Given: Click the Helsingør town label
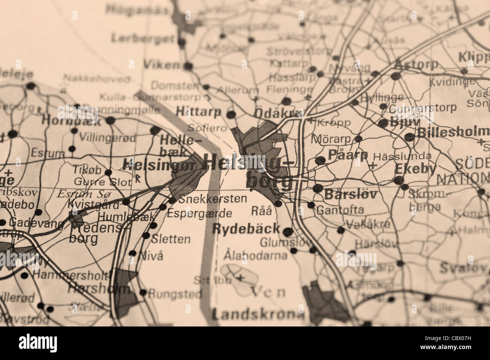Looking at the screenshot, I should (159, 164).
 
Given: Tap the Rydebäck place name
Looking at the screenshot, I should (247, 228).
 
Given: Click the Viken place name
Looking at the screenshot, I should (162, 64).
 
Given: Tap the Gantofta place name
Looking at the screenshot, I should (340, 209).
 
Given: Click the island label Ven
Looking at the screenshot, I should (268, 292).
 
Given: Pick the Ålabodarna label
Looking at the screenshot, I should (255, 256).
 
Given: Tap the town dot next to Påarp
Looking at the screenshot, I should (320, 160).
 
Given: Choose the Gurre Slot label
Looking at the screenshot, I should (103, 182).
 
